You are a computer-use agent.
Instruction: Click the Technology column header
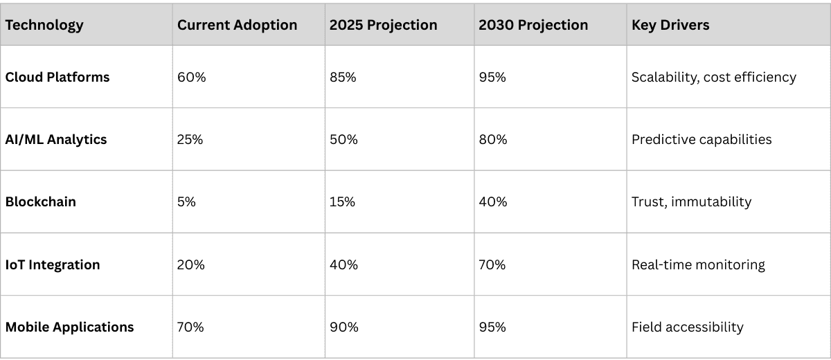(44, 25)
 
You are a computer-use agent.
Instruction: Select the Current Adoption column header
(237, 25)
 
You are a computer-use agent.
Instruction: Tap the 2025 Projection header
(383, 25)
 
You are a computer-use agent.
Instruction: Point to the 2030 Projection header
(533, 25)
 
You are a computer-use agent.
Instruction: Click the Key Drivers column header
(670, 25)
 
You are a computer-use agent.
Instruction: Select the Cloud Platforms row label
(57, 77)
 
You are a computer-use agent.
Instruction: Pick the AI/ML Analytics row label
(56, 139)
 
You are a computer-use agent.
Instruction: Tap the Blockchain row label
(41, 202)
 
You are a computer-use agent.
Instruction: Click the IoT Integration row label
(53, 264)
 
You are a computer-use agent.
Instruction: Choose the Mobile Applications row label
(69, 327)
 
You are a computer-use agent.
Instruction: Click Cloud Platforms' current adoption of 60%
(192, 77)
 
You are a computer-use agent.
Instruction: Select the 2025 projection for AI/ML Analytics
(343, 139)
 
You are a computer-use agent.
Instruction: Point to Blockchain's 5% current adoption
(187, 202)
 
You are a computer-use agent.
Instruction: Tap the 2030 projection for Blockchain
(493, 202)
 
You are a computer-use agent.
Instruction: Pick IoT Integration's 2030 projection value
(493, 264)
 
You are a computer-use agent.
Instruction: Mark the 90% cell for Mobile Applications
(343, 327)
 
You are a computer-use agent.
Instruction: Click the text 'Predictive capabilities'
(702, 139)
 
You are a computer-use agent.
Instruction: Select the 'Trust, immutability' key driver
(691, 202)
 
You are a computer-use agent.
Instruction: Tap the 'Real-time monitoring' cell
(698, 264)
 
